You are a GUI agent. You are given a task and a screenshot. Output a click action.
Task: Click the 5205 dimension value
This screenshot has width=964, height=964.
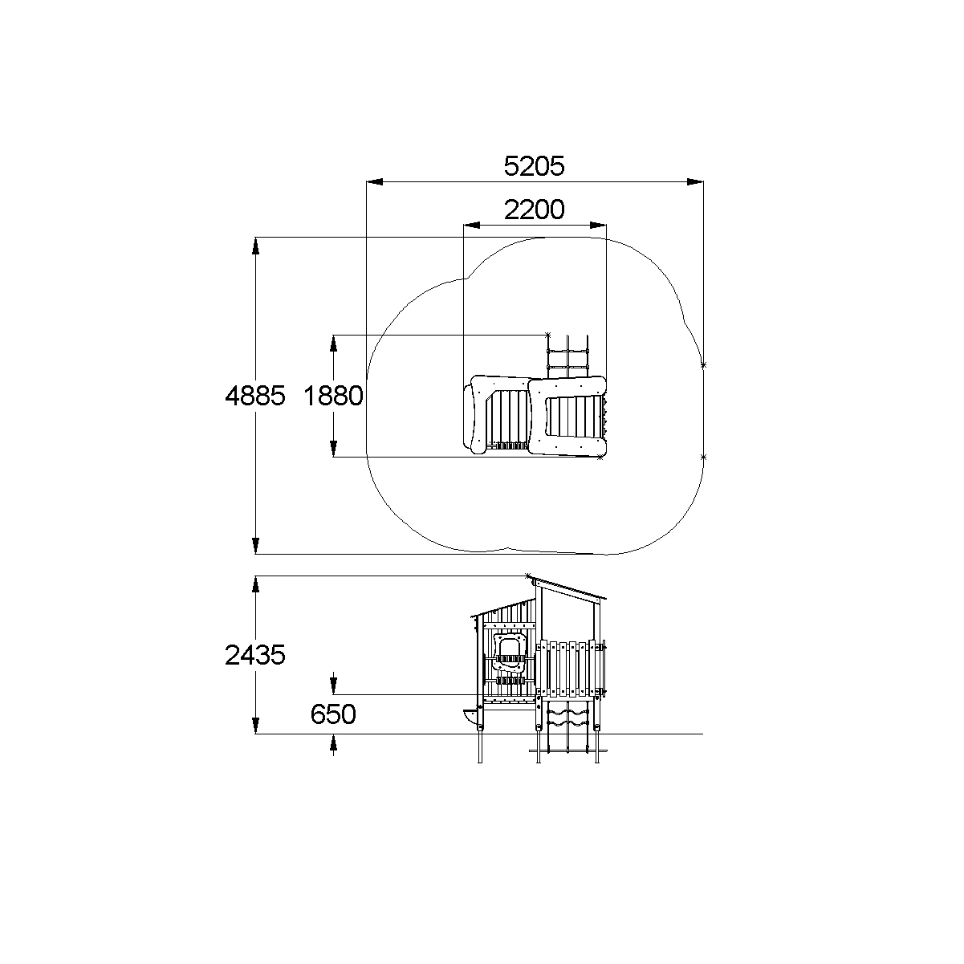[x=534, y=166]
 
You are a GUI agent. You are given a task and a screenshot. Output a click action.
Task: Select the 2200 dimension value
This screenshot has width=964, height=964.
[x=535, y=209]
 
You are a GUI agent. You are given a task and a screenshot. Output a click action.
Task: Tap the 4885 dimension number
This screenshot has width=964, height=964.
[x=255, y=396]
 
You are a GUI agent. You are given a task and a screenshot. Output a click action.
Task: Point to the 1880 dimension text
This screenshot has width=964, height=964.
[x=334, y=396]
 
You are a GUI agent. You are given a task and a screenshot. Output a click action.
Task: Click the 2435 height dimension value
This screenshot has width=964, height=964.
[x=255, y=654]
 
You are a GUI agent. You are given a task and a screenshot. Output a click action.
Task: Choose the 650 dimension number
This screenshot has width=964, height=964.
[x=333, y=714]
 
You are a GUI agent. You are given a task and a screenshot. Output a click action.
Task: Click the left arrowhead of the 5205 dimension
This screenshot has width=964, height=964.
[x=375, y=181]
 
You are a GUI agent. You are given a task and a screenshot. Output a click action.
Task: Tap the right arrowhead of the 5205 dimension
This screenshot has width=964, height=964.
[x=695, y=181]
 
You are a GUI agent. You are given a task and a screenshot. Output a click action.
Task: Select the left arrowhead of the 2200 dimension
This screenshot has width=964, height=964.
[x=472, y=225]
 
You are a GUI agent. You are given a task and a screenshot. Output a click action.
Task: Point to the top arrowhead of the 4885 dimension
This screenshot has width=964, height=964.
[x=255, y=246]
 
